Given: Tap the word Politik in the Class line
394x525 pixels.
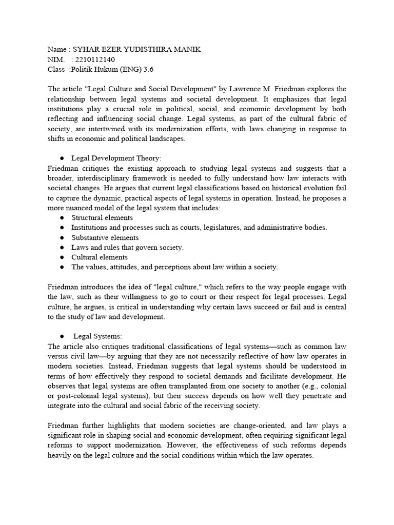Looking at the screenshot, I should click(83, 70).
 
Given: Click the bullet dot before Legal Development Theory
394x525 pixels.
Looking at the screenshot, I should click(62, 158).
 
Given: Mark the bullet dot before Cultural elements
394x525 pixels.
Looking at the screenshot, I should click(62, 258).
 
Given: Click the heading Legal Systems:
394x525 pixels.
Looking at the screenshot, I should click(97, 336).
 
